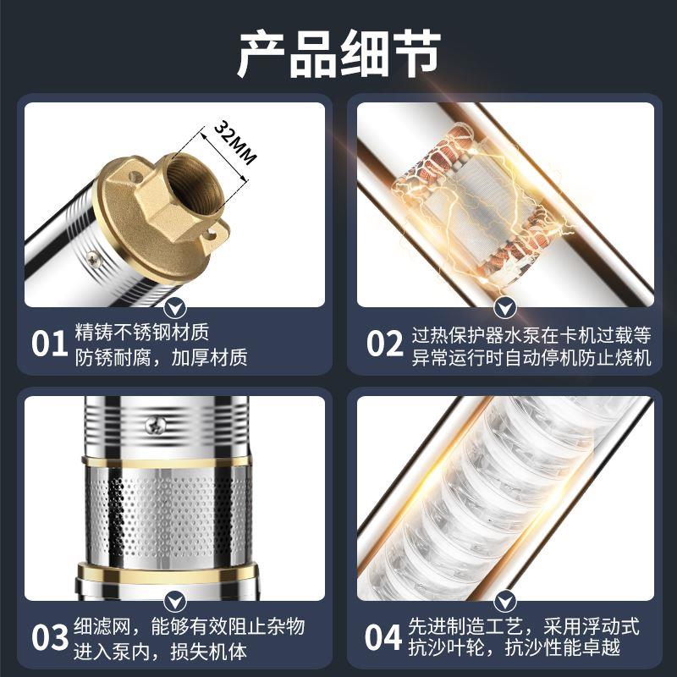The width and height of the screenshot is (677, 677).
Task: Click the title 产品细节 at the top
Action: point(338,54)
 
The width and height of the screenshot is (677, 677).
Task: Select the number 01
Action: point(49,344)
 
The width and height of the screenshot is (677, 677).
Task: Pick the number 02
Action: point(385,344)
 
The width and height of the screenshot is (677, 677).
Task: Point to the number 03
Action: point(49,637)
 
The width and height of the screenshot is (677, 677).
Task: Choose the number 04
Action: point(385,637)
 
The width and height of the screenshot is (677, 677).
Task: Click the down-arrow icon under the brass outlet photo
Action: point(174,306)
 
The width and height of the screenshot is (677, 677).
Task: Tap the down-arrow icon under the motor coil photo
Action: point(506,306)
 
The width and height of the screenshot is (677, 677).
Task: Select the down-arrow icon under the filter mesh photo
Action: point(174,600)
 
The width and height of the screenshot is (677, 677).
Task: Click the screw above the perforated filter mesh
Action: point(155,425)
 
